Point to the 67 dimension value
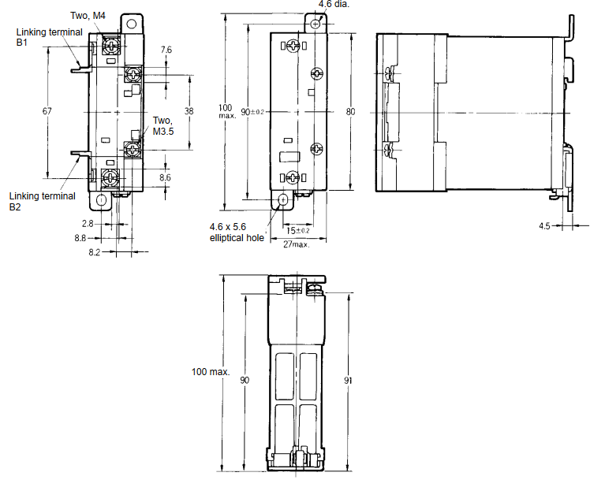click(47, 111)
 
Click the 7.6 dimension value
click(166, 50)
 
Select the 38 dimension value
click(189, 111)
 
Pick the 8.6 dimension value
click(165, 178)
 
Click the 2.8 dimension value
click(88, 224)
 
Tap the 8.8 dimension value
click(80, 237)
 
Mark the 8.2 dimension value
click(94, 252)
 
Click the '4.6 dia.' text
click(333, 4)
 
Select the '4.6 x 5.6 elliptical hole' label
click(237, 232)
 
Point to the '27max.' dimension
click(296, 244)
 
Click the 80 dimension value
click(351, 111)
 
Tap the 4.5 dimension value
click(544, 225)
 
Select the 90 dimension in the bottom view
click(245, 380)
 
